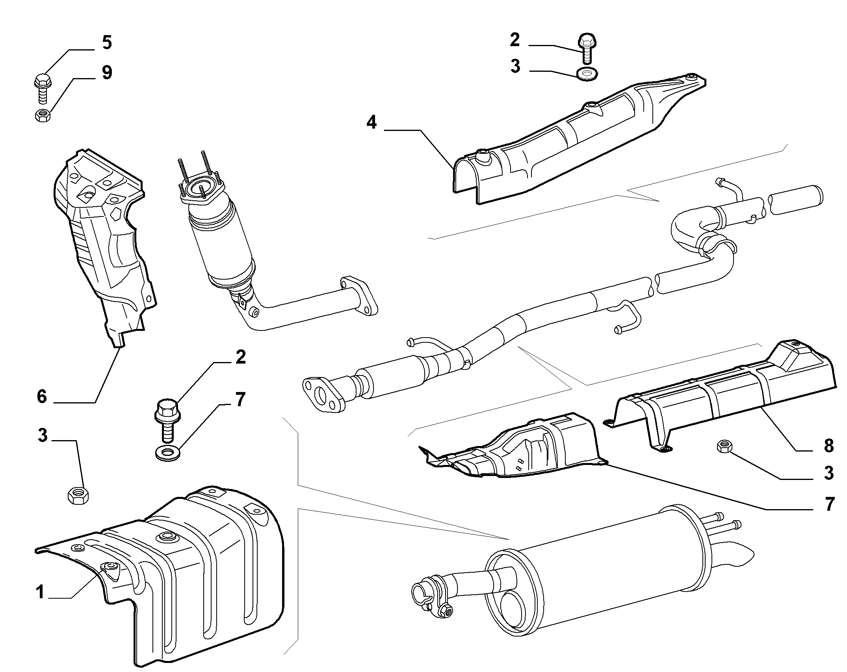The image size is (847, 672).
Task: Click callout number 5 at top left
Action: pos(106,42)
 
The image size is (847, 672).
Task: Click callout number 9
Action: pos(107,73)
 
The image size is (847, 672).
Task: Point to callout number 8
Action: pos(828,446)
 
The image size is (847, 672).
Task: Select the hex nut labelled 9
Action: pos(42,115)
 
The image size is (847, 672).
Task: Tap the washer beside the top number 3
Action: pos(587,74)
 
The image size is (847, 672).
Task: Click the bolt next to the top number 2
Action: pos(587,49)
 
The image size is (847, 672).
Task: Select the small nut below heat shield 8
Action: pos(724,446)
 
